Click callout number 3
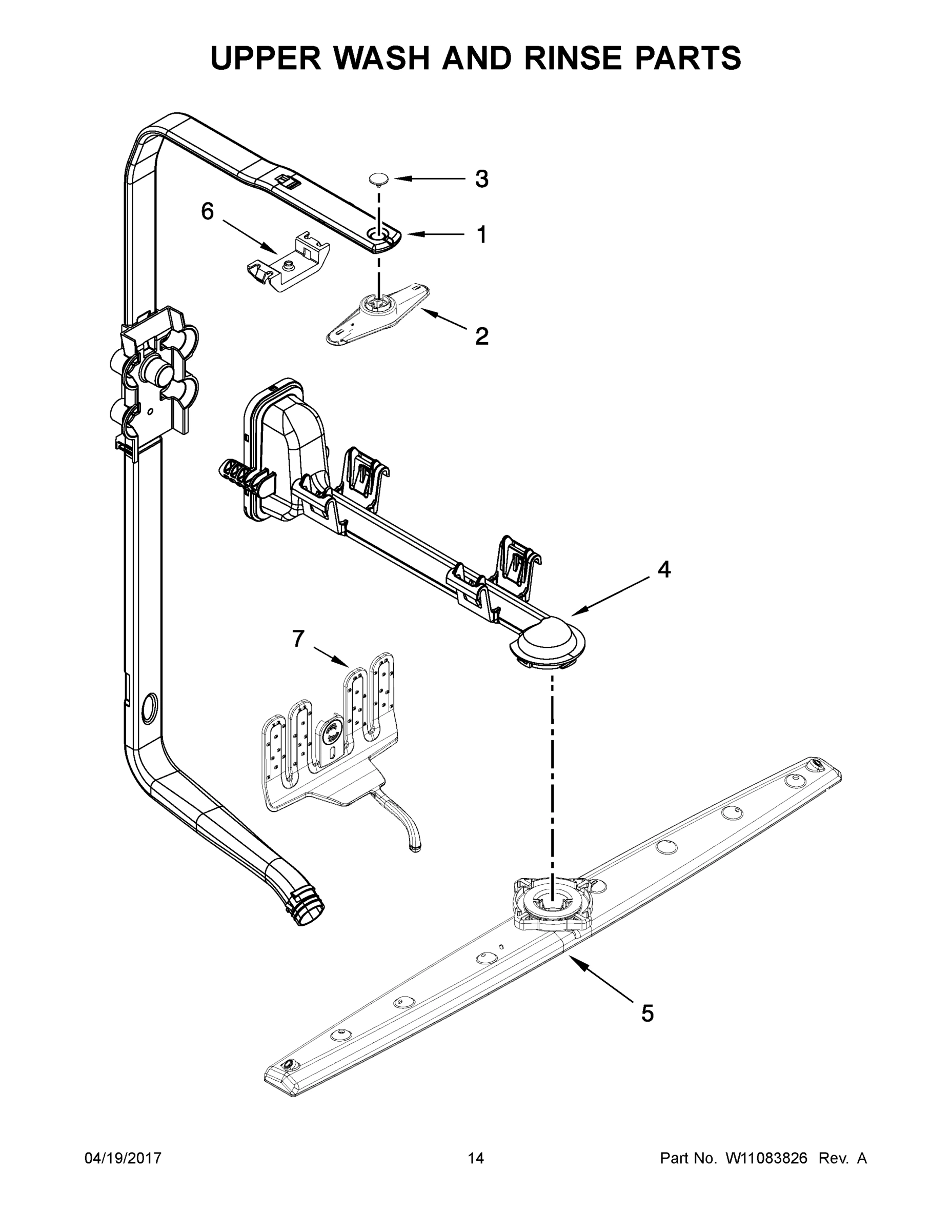tap(481, 179)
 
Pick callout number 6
tap(208, 212)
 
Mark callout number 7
tap(298, 639)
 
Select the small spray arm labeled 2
tap(377, 313)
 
